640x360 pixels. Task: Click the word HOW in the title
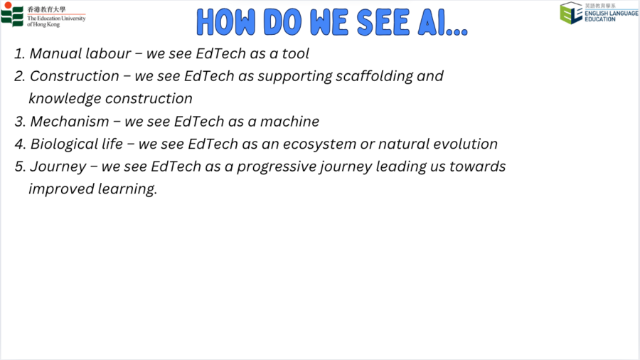[x=225, y=22]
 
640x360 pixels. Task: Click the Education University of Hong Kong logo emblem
[x=12, y=15]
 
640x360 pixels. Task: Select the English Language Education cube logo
[x=571, y=13]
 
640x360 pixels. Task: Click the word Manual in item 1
[x=55, y=53]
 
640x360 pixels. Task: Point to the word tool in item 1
[x=296, y=53]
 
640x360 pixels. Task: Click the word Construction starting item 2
[x=74, y=76]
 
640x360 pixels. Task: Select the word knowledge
[x=65, y=99]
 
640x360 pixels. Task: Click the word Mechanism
[x=70, y=121]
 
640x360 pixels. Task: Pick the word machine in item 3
[x=290, y=121]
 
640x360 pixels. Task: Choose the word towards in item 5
[x=478, y=166]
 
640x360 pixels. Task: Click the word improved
[x=61, y=189]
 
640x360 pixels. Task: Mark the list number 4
[x=20, y=144]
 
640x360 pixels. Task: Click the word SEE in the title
[x=383, y=22]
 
